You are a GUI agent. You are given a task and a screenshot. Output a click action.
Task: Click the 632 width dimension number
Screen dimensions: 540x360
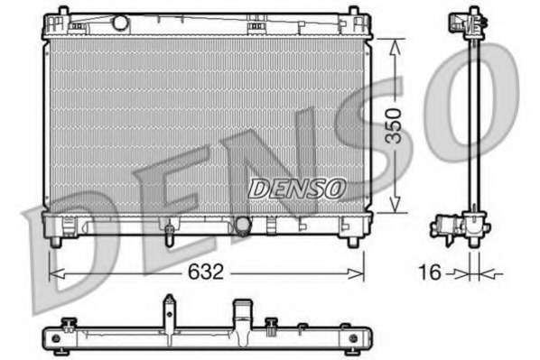(206, 272)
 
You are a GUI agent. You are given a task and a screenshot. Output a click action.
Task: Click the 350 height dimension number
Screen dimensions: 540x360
(394, 126)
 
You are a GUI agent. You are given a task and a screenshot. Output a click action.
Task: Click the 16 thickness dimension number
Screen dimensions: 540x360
(430, 272)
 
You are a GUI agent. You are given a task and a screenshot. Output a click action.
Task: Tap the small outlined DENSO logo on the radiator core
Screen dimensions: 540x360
(296, 189)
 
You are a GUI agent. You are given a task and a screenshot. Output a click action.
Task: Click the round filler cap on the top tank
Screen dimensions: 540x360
(120, 23)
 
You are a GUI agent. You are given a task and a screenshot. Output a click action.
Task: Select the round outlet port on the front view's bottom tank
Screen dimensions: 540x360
(243, 225)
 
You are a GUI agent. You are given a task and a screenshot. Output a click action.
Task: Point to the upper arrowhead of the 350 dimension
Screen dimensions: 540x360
(395, 47)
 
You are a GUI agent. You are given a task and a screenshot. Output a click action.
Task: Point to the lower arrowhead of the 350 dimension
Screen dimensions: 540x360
(395, 204)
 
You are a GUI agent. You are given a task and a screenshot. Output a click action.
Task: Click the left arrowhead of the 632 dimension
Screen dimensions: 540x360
(57, 274)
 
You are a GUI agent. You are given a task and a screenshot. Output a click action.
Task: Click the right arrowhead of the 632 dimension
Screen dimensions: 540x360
(356, 274)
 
